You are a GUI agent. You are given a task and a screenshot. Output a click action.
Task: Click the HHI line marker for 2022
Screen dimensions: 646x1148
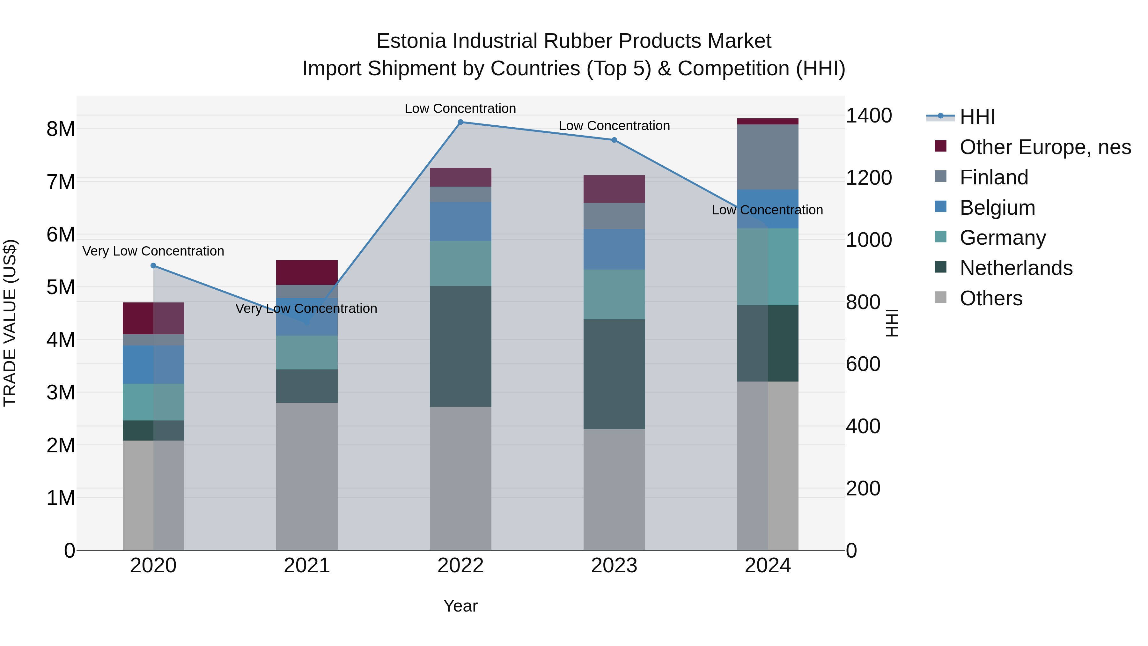(x=460, y=122)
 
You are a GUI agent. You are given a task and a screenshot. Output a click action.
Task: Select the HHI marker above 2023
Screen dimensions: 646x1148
(x=614, y=140)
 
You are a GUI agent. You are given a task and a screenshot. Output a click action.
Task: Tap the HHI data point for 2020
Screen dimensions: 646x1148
(x=153, y=266)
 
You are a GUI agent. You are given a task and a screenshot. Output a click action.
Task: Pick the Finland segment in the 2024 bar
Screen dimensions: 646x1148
(x=768, y=157)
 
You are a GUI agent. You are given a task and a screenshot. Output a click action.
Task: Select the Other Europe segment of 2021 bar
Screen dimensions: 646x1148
(x=306, y=272)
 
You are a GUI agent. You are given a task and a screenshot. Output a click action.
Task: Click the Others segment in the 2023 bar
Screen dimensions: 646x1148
(x=614, y=489)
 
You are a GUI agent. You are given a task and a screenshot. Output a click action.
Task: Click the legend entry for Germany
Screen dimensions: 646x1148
(x=1002, y=238)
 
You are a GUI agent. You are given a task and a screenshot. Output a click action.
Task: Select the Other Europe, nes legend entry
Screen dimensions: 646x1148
(x=1045, y=147)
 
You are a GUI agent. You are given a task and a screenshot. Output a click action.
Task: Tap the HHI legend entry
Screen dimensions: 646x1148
(x=977, y=117)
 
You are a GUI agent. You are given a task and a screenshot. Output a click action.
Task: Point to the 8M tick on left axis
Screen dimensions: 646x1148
(x=61, y=129)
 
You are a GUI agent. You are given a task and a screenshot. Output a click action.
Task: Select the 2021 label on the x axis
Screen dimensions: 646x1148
(x=306, y=566)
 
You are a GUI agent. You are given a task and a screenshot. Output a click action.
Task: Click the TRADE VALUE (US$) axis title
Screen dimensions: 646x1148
(x=10, y=323)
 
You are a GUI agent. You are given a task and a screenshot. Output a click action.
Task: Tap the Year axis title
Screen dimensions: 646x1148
(x=460, y=606)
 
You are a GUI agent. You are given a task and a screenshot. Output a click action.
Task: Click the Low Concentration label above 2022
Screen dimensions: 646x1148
(x=460, y=108)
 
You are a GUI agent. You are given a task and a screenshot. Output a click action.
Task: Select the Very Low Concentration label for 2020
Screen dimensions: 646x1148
(x=153, y=251)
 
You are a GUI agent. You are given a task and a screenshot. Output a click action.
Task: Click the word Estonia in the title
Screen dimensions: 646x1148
(x=411, y=41)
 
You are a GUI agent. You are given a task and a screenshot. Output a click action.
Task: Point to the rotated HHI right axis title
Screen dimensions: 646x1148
(x=892, y=323)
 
